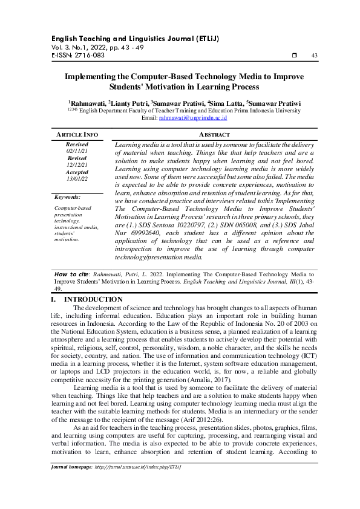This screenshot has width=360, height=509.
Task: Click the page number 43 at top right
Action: pos(314,56)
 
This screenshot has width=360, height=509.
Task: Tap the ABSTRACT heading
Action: pos(214,134)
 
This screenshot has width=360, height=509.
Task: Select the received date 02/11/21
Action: pos(77,151)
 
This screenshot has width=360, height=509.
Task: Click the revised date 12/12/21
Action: pos(77,164)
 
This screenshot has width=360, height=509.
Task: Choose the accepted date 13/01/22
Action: pos(77,178)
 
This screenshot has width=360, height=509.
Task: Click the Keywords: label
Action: pos(67,197)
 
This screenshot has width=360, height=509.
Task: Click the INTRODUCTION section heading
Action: pos(93,300)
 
